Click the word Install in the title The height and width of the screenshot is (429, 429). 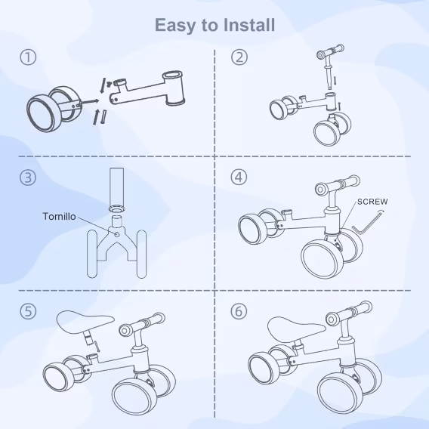point(249,25)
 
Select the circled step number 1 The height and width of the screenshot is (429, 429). point(28,57)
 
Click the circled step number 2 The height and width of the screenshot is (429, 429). point(239,57)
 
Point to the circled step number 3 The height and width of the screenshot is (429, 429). point(28,177)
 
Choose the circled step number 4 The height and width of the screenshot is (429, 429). point(239,177)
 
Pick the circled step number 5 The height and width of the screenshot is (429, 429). point(28,311)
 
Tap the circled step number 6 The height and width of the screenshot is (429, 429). point(239,311)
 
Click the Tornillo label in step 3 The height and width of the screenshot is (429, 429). point(60,217)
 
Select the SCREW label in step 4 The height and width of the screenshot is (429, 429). point(372,202)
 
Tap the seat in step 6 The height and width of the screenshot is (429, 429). point(296,329)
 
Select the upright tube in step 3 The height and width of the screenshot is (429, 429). point(117,189)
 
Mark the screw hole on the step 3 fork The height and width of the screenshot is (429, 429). point(117,234)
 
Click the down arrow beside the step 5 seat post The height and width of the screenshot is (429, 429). point(97,347)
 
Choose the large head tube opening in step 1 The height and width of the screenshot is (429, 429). point(172,75)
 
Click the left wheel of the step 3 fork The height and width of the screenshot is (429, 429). point(92,255)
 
